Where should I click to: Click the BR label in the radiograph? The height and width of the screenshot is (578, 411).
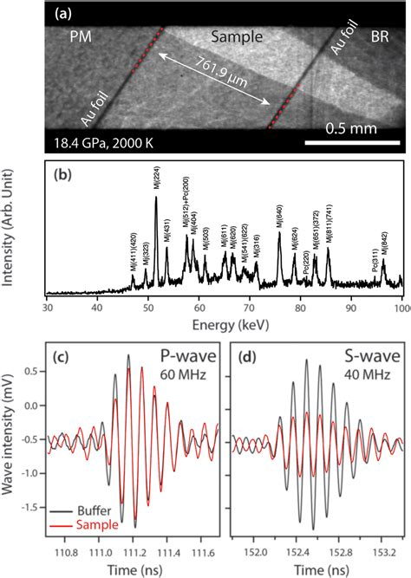(379, 39)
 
